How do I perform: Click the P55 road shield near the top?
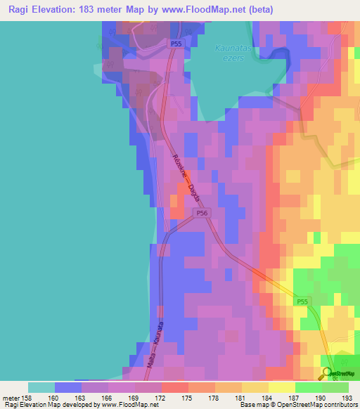click(178, 44)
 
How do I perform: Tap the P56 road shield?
click(202, 213)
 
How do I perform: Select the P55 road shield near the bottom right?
click(301, 301)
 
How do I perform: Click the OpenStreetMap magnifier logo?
click(328, 375)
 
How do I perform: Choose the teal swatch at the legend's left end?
click(41, 387)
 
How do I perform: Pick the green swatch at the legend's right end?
click(335, 387)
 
